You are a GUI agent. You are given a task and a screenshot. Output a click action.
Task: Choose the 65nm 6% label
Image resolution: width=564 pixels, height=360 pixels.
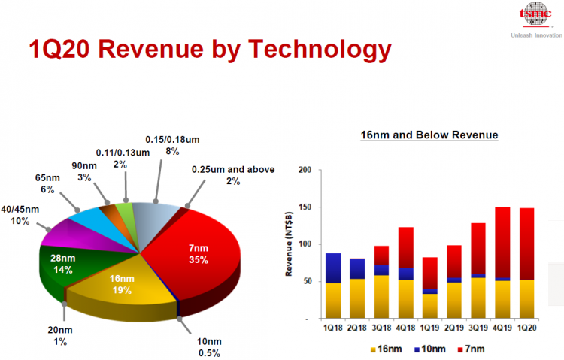pos(47,183)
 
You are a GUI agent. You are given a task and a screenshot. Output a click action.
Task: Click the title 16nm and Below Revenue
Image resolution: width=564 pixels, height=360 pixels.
pos(429,135)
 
